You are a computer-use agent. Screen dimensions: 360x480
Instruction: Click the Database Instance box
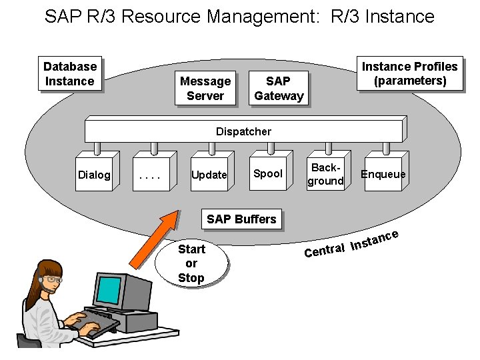69,73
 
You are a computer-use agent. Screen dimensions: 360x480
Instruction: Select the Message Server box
205,88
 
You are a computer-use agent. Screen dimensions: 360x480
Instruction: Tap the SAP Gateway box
278,88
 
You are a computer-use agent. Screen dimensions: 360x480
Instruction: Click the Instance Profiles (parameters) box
409,73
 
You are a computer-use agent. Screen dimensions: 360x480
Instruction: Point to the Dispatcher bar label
243,131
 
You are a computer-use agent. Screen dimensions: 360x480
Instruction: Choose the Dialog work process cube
95,174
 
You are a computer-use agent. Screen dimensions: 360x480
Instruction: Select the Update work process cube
209,174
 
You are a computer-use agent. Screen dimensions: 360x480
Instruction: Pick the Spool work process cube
268,173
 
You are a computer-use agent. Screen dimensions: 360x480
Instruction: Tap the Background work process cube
325,174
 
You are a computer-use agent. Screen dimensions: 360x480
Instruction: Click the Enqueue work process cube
383,174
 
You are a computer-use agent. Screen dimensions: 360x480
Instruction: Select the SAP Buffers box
241,219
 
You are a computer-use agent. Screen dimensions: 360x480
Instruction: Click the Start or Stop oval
191,263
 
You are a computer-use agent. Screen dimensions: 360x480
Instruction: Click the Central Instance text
351,244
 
